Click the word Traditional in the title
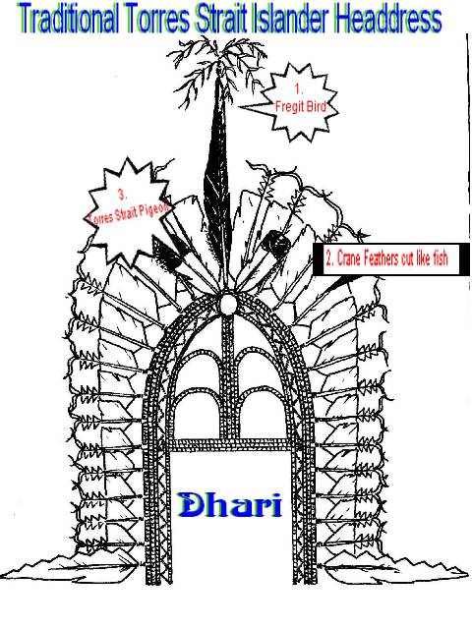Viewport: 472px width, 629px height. [x=69, y=20]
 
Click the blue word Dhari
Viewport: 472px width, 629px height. [x=230, y=504]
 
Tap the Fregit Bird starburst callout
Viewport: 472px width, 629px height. [x=299, y=102]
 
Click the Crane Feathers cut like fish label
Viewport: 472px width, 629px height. [x=390, y=259]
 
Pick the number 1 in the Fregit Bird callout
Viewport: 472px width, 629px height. [x=297, y=88]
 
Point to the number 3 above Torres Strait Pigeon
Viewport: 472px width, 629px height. [x=122, y=195]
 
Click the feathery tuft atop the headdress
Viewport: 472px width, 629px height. [x=217, y=64]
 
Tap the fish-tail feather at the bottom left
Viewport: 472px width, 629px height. [x=72, y=565]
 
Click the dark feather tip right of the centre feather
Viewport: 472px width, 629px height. [x=276, y=243]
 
